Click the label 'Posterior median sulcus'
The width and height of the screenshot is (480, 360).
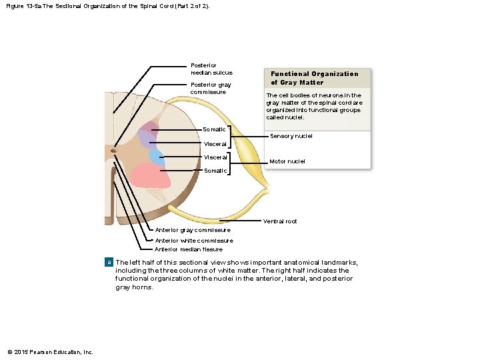pyautogui.click(x=211, y=69)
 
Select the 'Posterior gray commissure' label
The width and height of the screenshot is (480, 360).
pyautogui.click(x=211, y=88)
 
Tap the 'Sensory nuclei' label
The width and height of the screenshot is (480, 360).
pyautogui.click(x=291, y=136)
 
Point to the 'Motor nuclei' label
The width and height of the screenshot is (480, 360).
pyautogui.click(x=287, y=161)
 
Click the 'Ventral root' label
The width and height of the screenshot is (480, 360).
pyautogui.click(x=280, y=221)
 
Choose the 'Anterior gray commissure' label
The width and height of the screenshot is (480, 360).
pyautogui.click(x=193, y=230)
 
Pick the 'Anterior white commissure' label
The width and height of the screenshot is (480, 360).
pyautogui.click(x=194, y=241)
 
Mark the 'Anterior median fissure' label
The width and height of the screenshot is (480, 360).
pyautogui.click(x=189, y=249)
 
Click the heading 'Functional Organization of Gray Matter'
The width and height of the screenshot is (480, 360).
pyautogui.click(x=314, y=78)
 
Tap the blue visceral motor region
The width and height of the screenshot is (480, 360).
pyautogui.click(x=157, y=157)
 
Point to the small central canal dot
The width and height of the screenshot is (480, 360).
pyautogui.click(x=114, y=151)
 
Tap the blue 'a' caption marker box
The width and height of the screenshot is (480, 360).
pyautogui.click(x=110, y=263)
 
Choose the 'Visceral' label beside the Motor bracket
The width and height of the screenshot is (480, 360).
pyautogui.click(x=215, y=158)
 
